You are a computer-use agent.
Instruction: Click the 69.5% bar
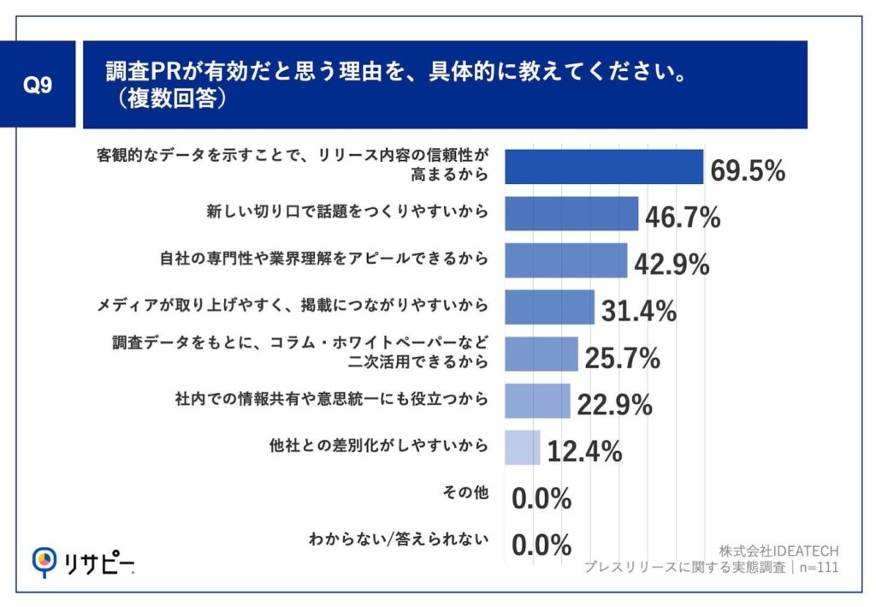coord(603,167)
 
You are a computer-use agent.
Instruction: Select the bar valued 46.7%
coord(571,213)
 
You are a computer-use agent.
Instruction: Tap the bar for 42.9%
coord(565,260)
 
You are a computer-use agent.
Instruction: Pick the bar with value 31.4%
coord(549,306)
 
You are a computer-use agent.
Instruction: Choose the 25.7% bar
coord(541,354)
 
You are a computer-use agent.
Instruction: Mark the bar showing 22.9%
coord(537,400)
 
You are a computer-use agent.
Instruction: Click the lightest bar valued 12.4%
coord(522,447)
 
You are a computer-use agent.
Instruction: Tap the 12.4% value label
coord(584,451)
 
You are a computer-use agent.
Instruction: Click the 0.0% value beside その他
coord(542,498)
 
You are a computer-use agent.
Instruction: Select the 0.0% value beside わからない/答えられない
coord(542,545)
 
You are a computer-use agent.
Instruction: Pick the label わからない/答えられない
coord(399,539)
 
